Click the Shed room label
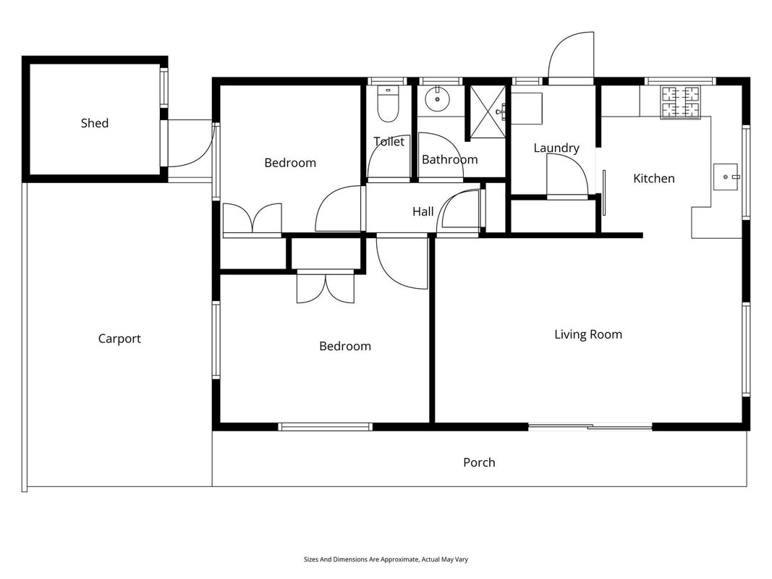coord(95,123)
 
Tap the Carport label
coord(119,339)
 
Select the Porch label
coord(479,462)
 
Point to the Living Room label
coord(588,335)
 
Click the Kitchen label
coord(654,178)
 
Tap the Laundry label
coord(556,148)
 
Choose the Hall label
coord(423,212)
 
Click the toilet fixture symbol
coord(388,104)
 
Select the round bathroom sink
coord(437,99)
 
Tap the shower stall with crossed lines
coord(487,111)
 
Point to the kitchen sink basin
coord(726,177)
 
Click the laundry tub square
coord(526,109)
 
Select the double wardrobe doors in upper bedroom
coord(253,218)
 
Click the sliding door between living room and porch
coord(590,426)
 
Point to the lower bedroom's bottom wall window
coord(325,427)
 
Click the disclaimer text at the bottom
coord(386,559)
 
